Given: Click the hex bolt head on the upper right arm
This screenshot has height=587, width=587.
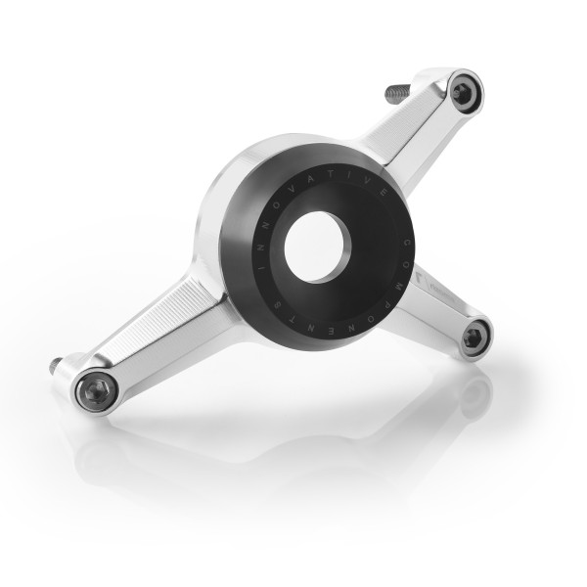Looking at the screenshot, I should coord(462,92).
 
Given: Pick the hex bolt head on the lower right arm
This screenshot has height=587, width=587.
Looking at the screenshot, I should coord(474,338).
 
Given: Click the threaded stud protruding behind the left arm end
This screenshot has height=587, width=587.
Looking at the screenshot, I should coord(56,366).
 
